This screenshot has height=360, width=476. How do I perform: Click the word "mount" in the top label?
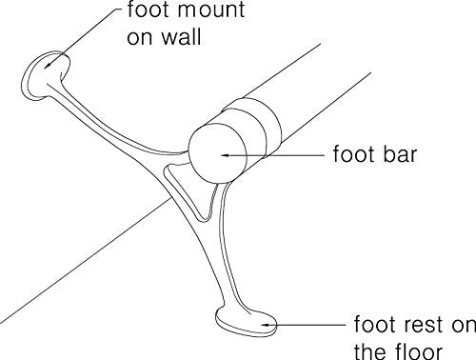(211, 10)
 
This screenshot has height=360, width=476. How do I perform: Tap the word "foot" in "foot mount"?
(148, 10)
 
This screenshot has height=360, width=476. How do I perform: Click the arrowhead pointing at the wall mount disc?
(49, 65)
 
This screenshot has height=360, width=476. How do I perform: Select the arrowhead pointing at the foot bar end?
(226, 155)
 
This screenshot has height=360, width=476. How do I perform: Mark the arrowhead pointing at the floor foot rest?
(266, 325)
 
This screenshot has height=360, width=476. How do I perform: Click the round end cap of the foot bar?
(218, 154)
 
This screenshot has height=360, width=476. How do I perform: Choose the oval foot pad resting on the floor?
(247, 322)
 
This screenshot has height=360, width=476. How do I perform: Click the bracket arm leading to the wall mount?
(108, 127)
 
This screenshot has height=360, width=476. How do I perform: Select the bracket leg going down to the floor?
(219, 254)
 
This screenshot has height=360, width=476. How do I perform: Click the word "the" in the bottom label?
(370, 351)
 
